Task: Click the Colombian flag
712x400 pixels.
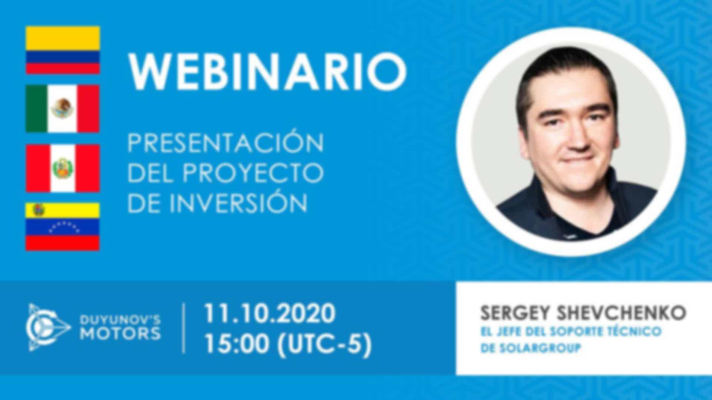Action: tap(63, 50)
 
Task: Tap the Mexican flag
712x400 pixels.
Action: tap(63, 109)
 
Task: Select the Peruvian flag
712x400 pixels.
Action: tap(63, 168)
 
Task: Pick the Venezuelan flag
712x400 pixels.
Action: tap(63, 227)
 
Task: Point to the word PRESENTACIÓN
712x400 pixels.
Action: tap(226, 142)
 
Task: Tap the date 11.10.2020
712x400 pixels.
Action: tap(270, 314)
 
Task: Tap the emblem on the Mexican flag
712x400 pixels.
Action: tap(62, 109)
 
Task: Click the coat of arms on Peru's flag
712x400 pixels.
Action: tap(63, 168)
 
